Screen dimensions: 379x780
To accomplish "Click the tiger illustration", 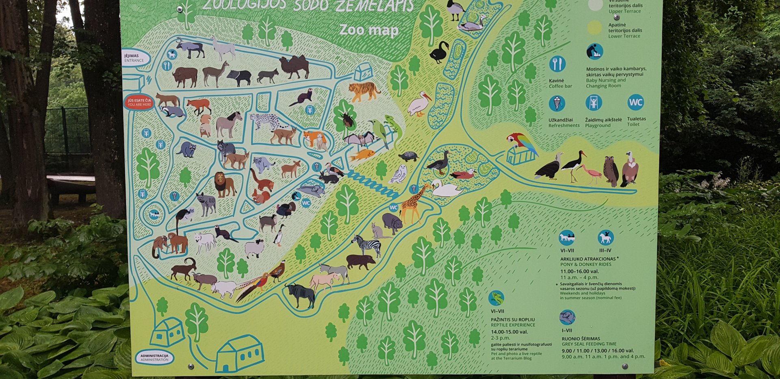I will click(363, 91).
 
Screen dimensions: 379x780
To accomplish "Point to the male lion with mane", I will click(224, 184).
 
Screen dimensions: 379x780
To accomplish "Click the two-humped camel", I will click(294, 66).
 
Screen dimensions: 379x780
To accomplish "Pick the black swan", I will click(439, 52).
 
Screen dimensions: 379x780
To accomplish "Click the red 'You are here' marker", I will click(139, 102).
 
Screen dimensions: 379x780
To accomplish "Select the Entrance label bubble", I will click(134, 58).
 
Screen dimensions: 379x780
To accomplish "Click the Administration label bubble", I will click(154, 357).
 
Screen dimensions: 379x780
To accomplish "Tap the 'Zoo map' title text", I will click(368, 30).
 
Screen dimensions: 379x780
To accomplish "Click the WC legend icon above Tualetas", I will click(635, 102).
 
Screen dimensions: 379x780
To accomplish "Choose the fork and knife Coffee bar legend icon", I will click(557, 64).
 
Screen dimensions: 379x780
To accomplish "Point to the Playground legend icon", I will click(593, 103).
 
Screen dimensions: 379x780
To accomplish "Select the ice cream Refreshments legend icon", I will click(557, 103).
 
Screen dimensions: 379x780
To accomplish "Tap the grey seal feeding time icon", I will click(567, 317).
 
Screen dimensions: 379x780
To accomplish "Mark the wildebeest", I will click(301, 294).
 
